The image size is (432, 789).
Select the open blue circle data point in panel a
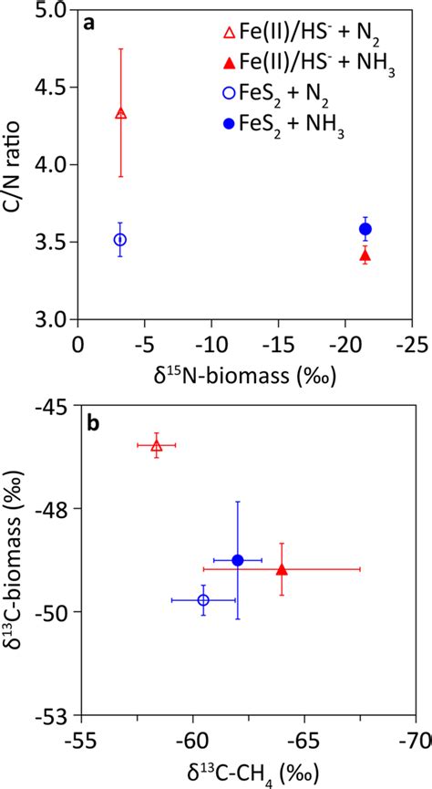(119, 239)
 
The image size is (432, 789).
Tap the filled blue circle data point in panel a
(365, 229)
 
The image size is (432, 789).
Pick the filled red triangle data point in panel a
(365, 255)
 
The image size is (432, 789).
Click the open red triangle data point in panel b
(157, 445)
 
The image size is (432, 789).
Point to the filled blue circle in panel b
(238, 560)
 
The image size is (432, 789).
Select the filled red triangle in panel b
(282, 569)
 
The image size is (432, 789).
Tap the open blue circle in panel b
(203, 599)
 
